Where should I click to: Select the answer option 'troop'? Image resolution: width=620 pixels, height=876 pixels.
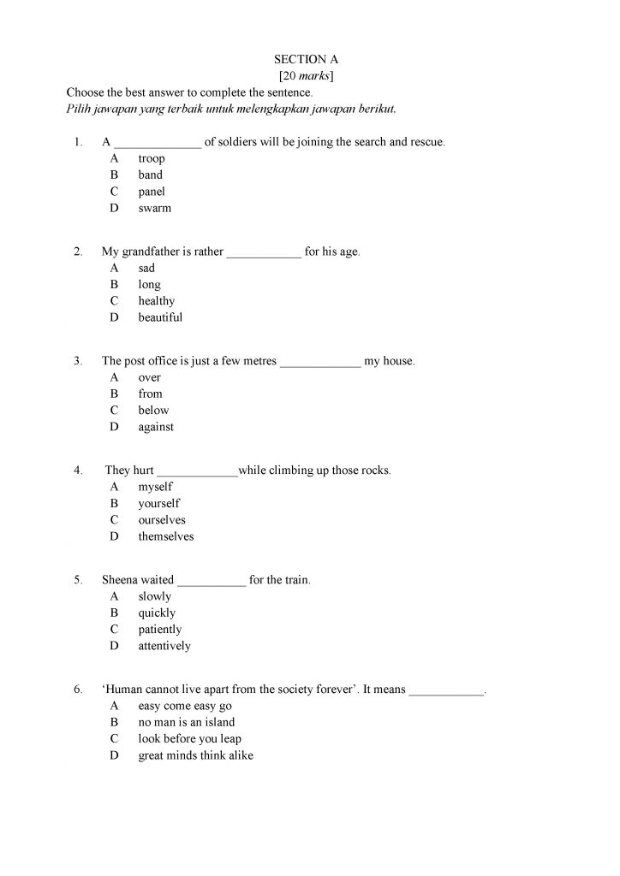point(152,158)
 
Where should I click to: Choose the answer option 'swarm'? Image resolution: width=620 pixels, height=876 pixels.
point(154,208)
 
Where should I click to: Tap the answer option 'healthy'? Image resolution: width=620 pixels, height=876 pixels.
point(156,301)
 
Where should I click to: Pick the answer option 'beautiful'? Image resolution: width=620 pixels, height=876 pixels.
point(160,317)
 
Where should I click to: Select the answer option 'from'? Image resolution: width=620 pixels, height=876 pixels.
point(150,394)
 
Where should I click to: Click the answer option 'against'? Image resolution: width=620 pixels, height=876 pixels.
point(156,427)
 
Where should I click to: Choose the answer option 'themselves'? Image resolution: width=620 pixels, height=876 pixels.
point(166,536)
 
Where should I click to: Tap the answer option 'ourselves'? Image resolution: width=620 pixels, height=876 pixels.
point(162,520)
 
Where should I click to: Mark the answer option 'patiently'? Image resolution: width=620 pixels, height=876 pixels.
point(160,630)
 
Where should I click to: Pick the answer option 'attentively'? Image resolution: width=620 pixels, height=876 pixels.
point(164,646)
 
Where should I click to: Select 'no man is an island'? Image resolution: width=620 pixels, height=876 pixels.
point(186,723)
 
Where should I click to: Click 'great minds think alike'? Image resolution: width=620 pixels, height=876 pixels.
point(195,755)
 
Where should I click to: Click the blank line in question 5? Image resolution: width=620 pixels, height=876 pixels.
point(212,583)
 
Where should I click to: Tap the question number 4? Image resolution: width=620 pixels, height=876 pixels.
point(78,471)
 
